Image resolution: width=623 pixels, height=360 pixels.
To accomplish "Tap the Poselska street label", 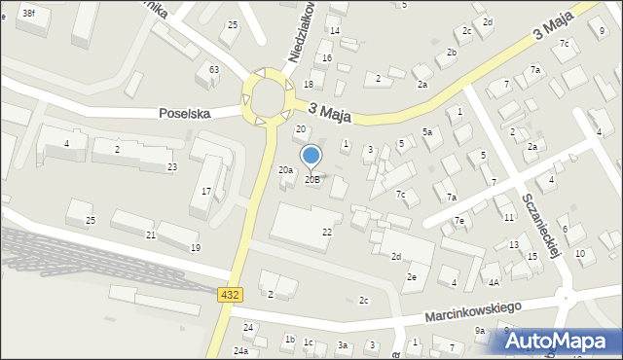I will [187, 114].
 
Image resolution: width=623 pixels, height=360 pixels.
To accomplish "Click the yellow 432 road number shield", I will [231, 294].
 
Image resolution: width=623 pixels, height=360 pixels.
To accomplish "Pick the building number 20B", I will [312, 179].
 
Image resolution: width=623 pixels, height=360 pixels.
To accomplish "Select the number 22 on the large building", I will [327, 232].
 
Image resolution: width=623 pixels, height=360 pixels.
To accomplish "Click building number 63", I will [214, 70].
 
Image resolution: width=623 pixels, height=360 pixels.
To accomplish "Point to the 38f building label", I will [28, 13].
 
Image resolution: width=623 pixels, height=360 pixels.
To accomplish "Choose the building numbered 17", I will [206, 191].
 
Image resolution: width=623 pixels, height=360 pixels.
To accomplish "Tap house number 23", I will [171, 167].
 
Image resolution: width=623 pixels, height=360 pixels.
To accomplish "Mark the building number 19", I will [196, 248].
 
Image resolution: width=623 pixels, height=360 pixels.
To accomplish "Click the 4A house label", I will [494, 283].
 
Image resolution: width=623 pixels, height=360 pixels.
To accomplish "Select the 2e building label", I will [412, 277].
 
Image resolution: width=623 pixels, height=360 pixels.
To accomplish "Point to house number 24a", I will [240, 351].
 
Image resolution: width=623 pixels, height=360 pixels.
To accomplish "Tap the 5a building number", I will [426, 131].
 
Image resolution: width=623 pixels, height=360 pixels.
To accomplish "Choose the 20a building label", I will [286, 170].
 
